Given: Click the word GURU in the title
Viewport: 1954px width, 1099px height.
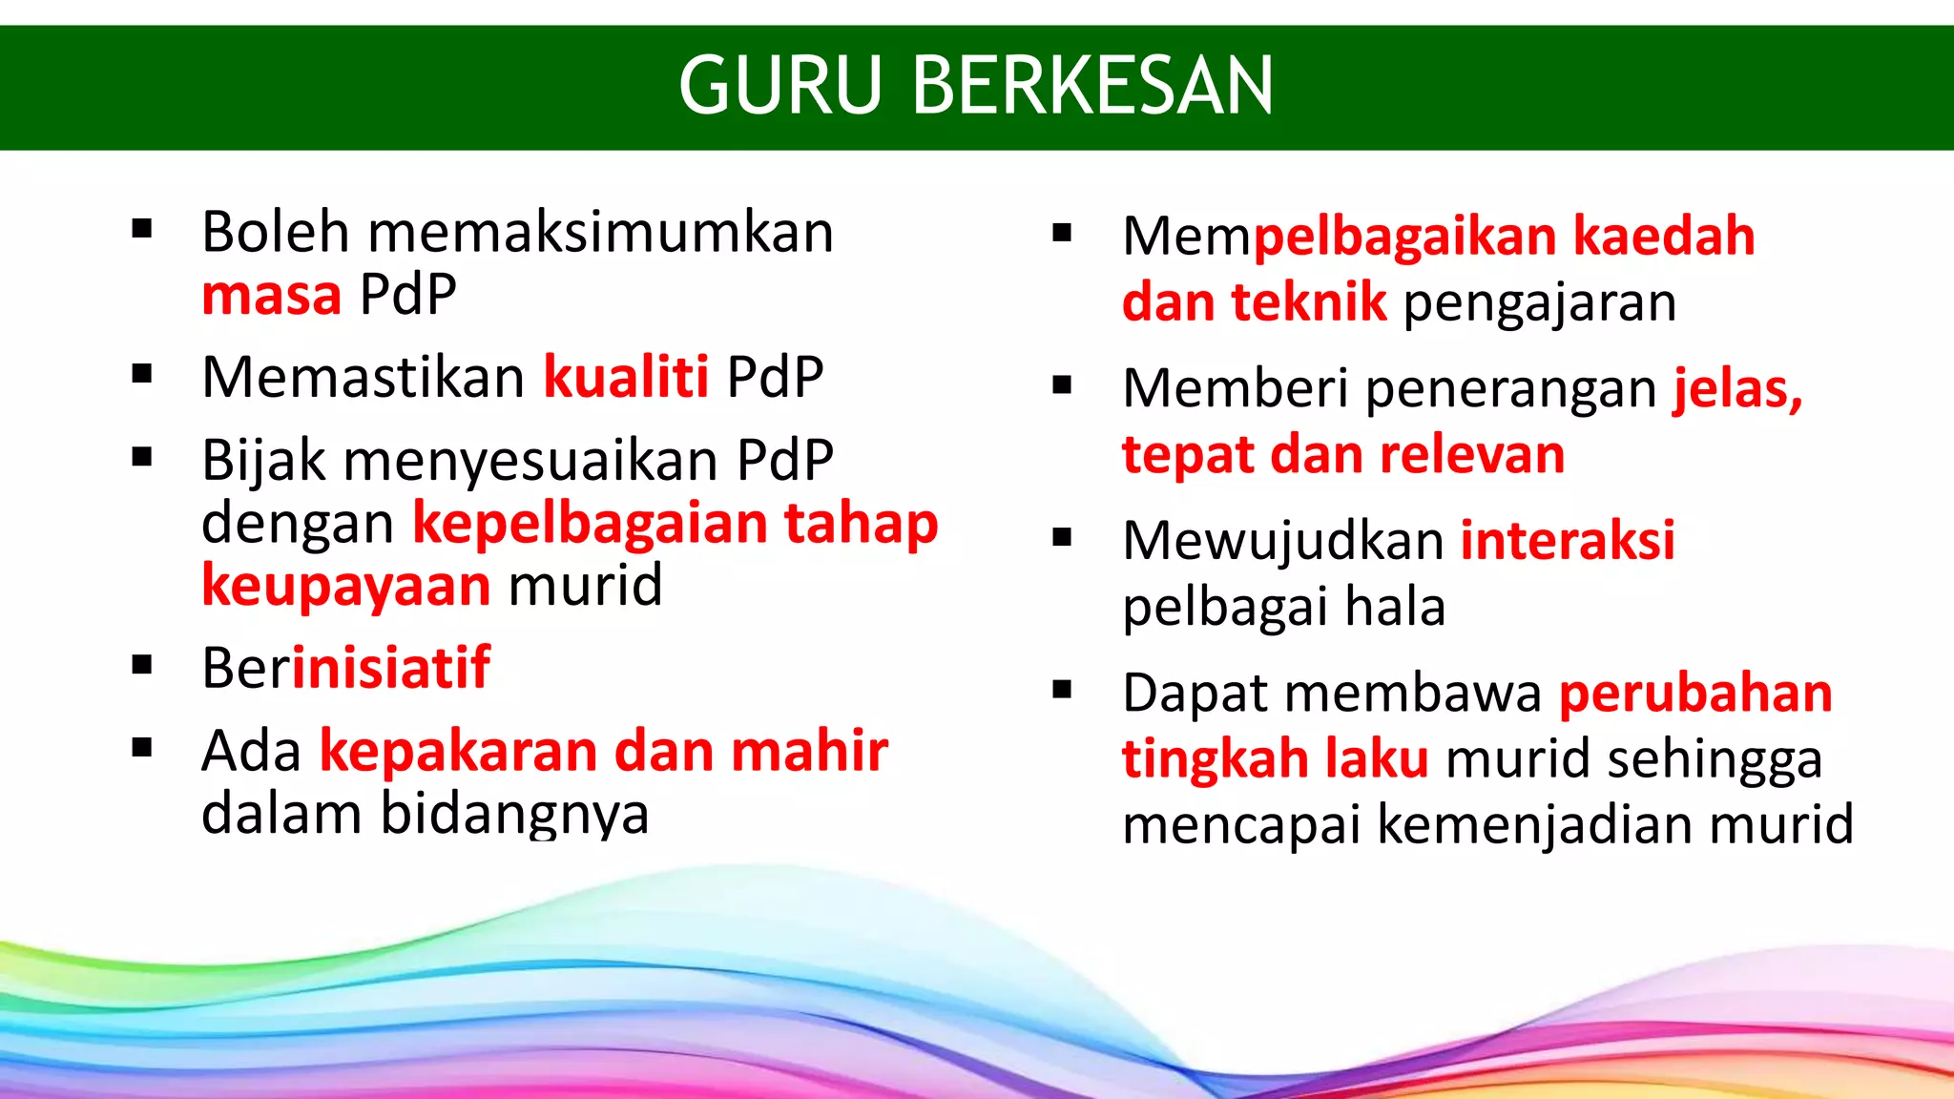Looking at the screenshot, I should pos(780,86).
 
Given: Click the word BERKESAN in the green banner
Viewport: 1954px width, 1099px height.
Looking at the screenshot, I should pos(1092,86).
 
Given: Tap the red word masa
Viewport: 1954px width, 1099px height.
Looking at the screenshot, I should pos(271,295).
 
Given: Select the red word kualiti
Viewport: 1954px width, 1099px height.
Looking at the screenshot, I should pos(626,377).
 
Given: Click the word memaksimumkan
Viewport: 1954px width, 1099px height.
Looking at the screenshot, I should pos(601,232).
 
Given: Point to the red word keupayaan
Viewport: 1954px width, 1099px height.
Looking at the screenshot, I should pos(345,586).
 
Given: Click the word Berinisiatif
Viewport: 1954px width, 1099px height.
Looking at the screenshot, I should pos(345,668).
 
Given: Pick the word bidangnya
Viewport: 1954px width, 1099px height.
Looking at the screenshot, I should pos(515,815).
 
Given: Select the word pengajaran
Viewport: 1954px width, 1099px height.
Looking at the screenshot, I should pos(1539,302).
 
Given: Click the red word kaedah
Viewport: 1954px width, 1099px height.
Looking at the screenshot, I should pos(1663,236).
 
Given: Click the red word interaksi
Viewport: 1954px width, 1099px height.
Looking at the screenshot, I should pos(1567,540).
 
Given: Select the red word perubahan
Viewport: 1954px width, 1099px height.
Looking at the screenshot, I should pos(1695,693).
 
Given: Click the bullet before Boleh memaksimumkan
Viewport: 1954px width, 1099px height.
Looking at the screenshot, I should pos(142,229).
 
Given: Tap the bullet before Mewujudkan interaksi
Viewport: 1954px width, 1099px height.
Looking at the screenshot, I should pos(1062,538).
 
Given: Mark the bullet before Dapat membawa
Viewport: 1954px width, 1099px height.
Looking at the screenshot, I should pos(1062,690).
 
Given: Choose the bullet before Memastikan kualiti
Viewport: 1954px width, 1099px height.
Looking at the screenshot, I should pos(142,374).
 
